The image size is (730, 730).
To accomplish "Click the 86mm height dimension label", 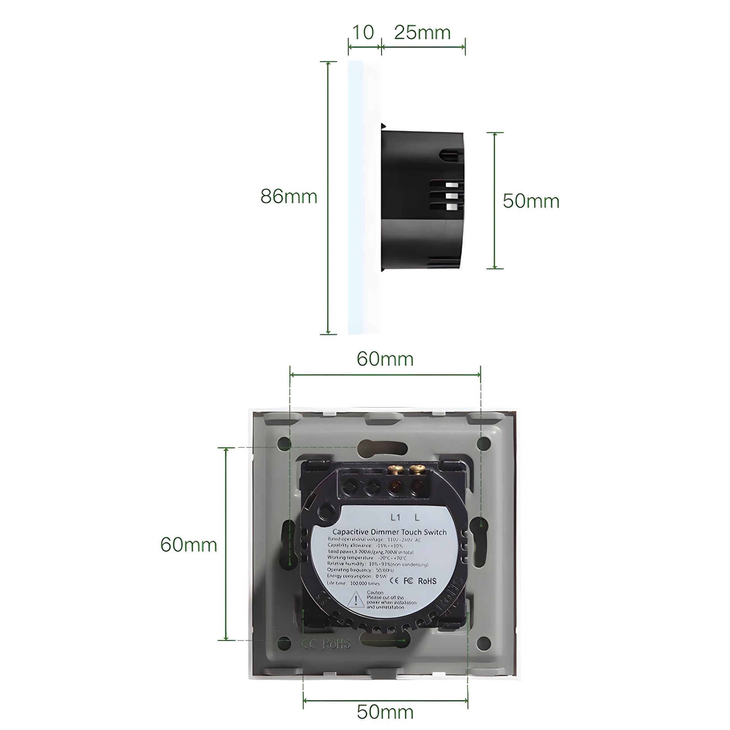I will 289,197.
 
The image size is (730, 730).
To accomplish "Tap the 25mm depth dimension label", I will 422,33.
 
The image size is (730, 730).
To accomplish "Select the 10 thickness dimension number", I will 363,33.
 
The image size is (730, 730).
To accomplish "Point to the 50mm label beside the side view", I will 531,201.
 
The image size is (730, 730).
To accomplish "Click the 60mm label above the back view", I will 385,359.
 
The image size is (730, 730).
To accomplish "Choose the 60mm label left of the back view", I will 189,544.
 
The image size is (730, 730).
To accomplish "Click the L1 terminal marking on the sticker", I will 396,517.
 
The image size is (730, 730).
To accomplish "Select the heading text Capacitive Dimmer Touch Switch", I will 389,533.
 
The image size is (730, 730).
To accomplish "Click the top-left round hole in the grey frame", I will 284,443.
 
